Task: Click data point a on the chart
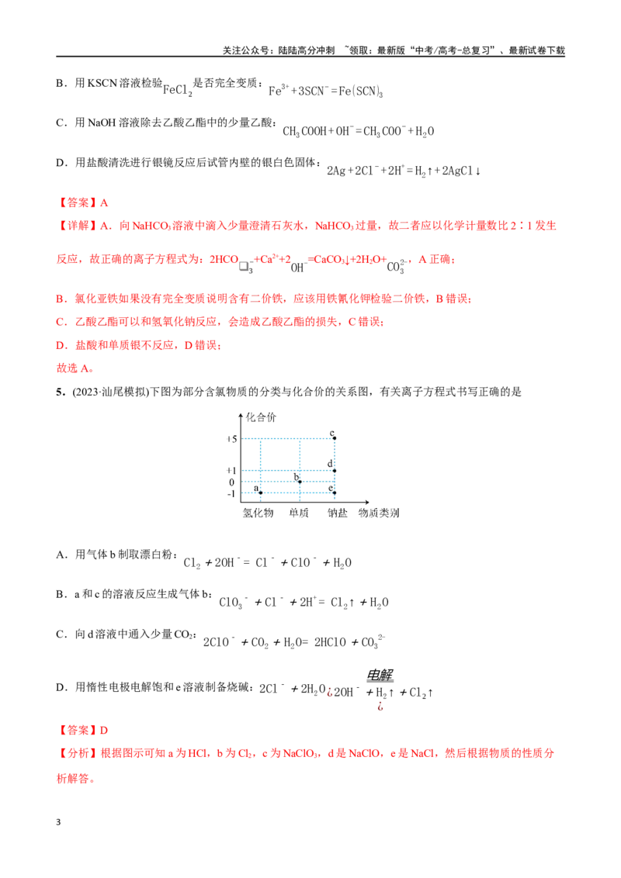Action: [x=261, y=493]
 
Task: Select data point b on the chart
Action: [x=300, y=482]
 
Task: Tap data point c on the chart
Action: [x=335, y=438]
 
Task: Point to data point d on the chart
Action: [x=335, y=470]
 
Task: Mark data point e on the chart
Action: [x=335, y=493]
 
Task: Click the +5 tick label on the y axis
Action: [x=231, y=439]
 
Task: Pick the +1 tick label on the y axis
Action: [x=231, y=471]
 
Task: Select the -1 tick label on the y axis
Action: [x=231, y=494]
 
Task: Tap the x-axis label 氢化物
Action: [x=258, y=513]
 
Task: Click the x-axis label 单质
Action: [x=299, y=513]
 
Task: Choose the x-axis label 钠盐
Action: [x=338, y=513]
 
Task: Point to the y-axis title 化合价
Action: [x=261, y=417]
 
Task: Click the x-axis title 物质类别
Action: [x=379, y=513]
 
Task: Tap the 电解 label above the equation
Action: [x=380, y=675]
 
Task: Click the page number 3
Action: [x=58, y=822]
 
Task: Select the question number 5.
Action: [x=61, y=392]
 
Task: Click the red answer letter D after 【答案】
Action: [x=104, y=730]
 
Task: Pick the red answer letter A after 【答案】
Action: [x=104, y=202]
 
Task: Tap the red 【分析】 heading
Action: [x=78, y=753]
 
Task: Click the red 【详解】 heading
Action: [x=78, y=226]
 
